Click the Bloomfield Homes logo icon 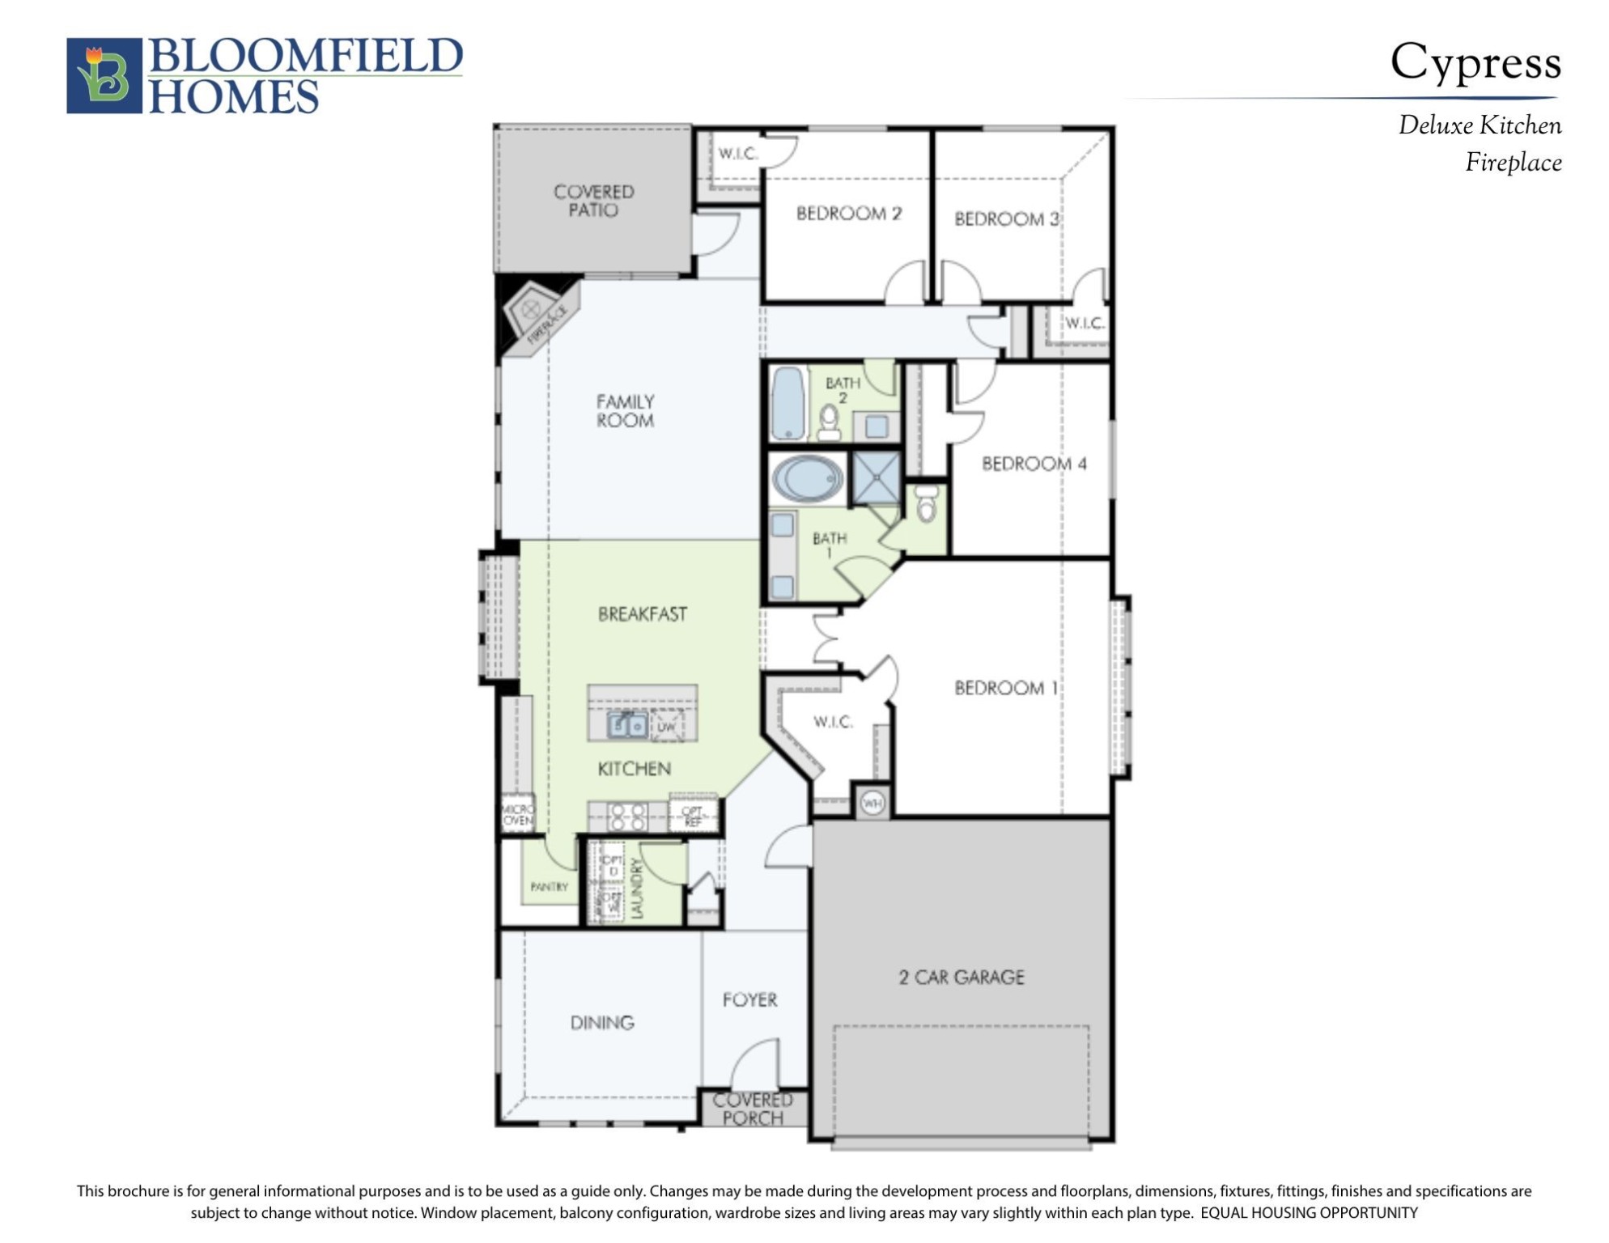tap(104, 75)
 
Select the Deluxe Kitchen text tap(1479, 125)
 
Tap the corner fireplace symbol tap(535, 315)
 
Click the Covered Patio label tap(593, 201)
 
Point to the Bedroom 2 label tap(848, 214)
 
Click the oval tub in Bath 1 tap(807, 478)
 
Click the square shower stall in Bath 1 tap(877, 477)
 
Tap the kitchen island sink tap(626, 725)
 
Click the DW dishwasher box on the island tap(666, 726)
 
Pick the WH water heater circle tap(872, 803)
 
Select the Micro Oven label tap(518, 814)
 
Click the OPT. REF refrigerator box tap(693, 815)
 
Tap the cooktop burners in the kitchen tap(627, 817)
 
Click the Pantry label tap(549, 887)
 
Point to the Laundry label tap(637, 889)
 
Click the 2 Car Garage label tap(961, 978)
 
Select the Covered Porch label tap(753, 1109)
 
